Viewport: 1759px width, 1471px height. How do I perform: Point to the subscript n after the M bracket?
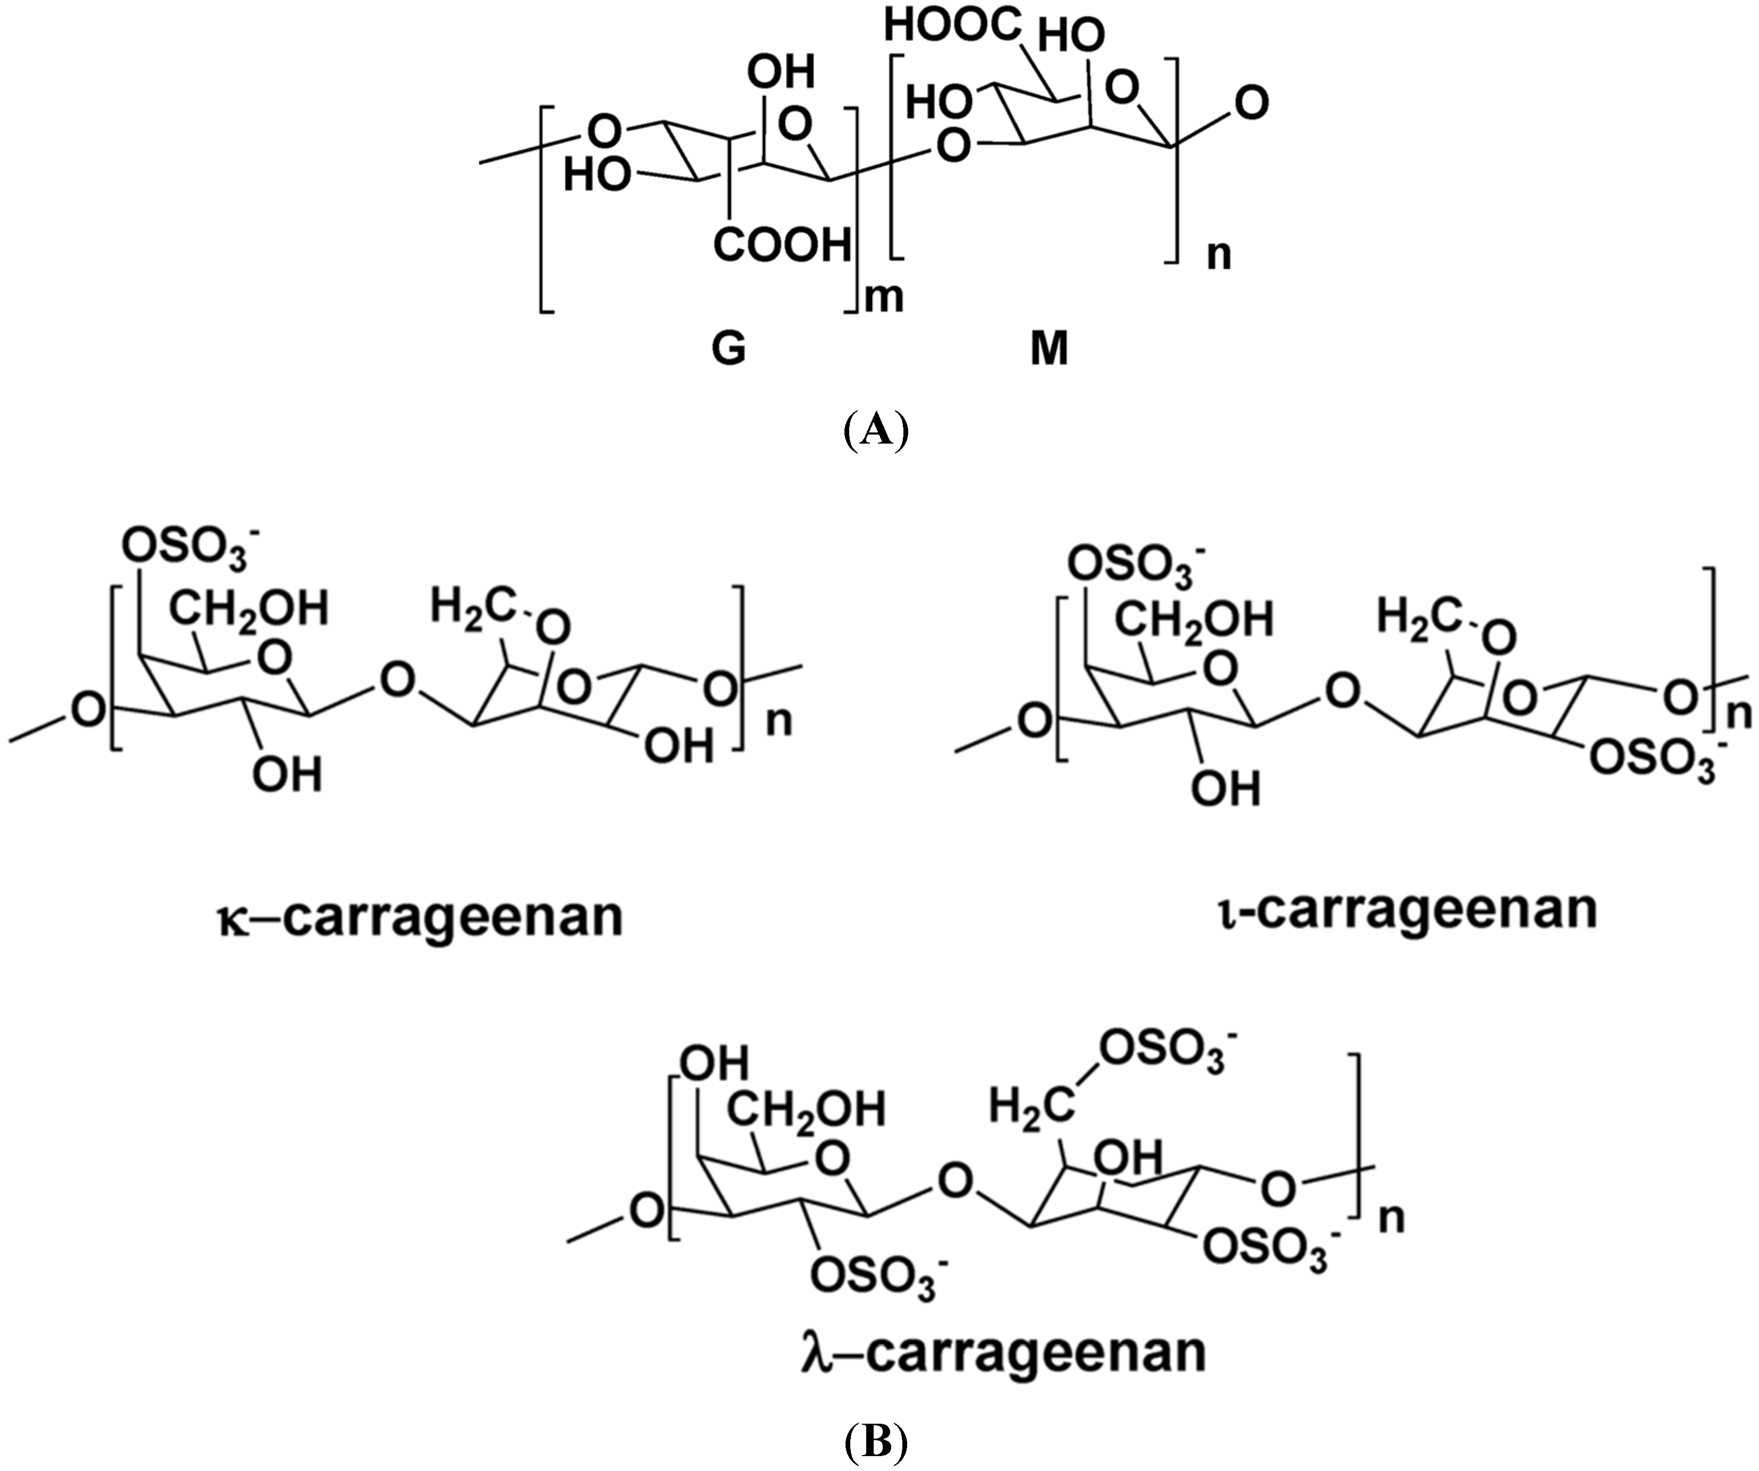(x=1219, y=254)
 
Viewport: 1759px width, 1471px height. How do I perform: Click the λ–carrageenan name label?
(x=1003, y=1350)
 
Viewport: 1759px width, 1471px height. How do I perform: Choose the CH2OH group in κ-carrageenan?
(x=250, y=608)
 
